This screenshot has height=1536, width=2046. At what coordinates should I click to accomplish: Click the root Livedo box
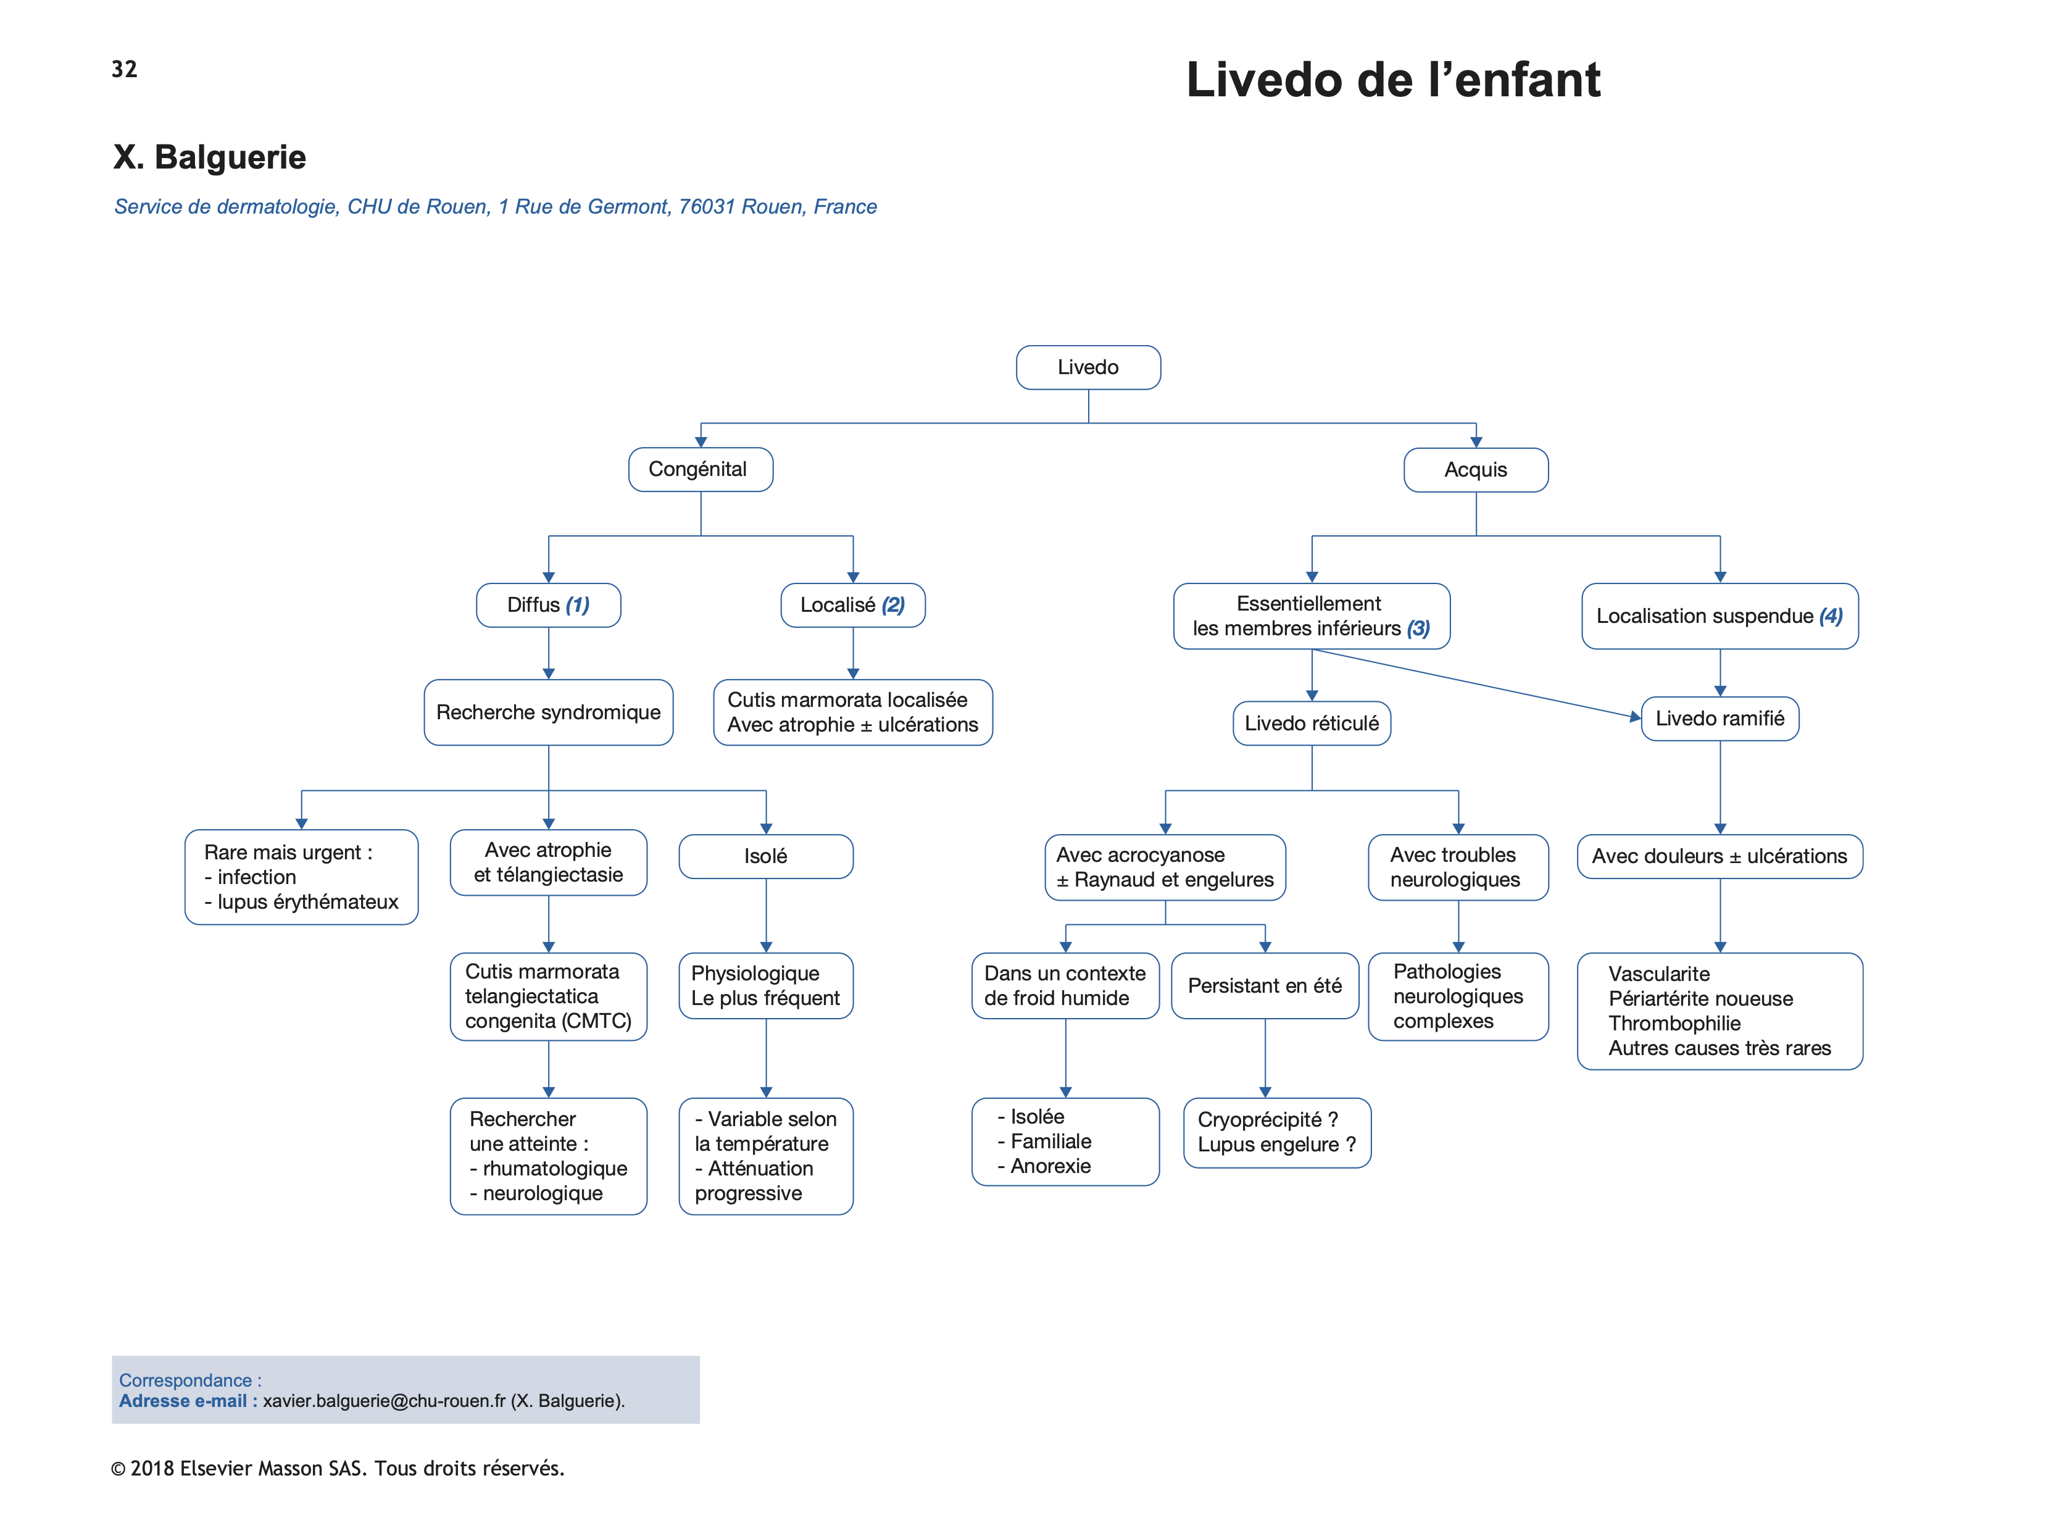(x=1087, y=367)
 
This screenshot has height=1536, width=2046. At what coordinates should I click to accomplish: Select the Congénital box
(x=700, y=469)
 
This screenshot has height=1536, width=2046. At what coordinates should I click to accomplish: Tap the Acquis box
(x=1475, y=470)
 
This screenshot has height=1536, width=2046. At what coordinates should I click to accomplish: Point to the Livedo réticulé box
(x=1312, y=723)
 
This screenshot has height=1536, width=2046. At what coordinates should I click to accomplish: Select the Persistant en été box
(x=1265, y=985)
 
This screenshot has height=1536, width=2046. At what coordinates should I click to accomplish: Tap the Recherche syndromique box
(x=549, y=712)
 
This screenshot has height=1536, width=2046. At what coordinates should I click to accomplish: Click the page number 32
(x=124, y=69)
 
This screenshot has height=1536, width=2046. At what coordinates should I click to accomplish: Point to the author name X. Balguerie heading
(x=209, y=157)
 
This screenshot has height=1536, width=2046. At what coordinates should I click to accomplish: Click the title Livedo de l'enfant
(x=1393, y=80)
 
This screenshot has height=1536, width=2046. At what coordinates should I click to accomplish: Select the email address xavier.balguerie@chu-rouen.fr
(x=384, y=1401)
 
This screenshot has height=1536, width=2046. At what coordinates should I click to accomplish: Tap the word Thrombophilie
(x=1674, y=1024)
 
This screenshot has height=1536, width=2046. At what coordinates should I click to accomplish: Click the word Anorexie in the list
(x=1050, y=1166)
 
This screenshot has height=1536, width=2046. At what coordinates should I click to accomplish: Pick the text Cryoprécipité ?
(x=1267, y=1120)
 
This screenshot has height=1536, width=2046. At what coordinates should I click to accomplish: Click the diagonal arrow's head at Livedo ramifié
(x=1636, y=716)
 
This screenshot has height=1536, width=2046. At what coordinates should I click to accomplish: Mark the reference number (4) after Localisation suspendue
(x=1831, y=616)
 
